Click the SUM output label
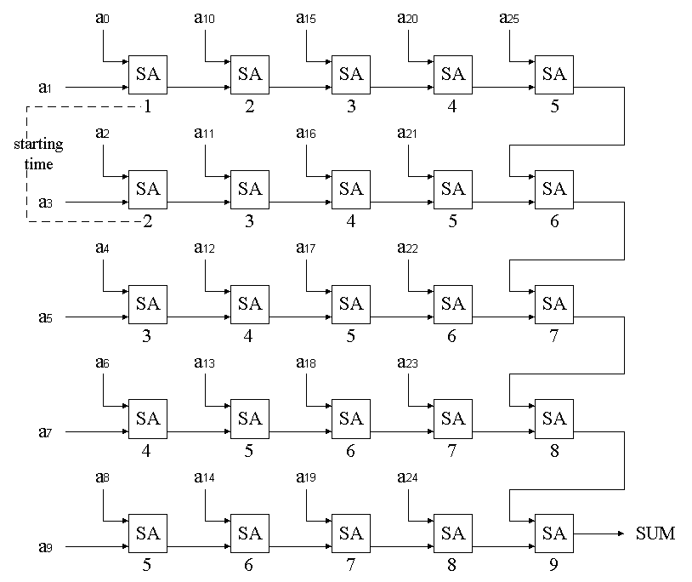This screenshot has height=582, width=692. click(655, 533)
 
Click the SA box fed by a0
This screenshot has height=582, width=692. click(147, 74)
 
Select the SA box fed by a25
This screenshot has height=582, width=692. click(553, 74)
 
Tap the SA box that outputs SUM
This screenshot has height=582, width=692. click(553, 533)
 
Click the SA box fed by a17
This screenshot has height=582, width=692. click(350, 304)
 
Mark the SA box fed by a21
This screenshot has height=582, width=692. click(452, 189)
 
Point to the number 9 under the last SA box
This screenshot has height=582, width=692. click(554, 563)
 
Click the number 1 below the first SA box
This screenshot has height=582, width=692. click(147, 106)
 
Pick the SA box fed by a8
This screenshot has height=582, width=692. click(147, 533)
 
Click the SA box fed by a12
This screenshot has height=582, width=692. click(249, 304)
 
